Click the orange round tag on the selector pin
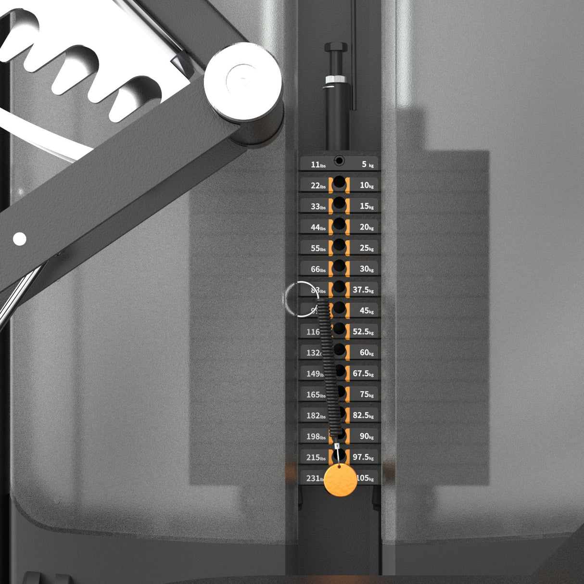click(x=341, y=480)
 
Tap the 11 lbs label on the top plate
click(x=318, y=165)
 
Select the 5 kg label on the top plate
click(x=368, y=165)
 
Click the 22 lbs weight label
click(x=318, y=186)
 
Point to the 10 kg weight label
click(x=367, y=185)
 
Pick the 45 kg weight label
click(x=367, y=311)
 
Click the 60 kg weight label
click(x=367, y=353)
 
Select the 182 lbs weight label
click(x=316, y=416)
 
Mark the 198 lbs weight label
click(x=316, y=437)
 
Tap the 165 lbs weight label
click(x=316, y=395)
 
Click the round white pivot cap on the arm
click(x=242, y=80)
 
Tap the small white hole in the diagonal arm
click(x=19, y=239)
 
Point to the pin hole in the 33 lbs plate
click(x=339, y=204)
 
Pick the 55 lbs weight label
click(x=318, y=249)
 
